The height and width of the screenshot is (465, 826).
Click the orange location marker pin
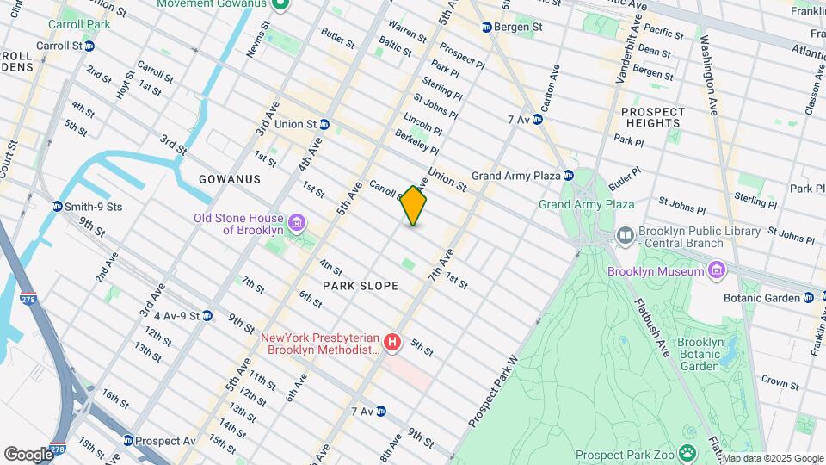tap(413, 206)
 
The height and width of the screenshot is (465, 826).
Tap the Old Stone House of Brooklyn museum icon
tap(296, 224)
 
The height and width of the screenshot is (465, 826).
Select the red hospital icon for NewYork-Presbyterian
tap(392, 344)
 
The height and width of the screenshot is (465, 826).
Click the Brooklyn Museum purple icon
tap(715, 272)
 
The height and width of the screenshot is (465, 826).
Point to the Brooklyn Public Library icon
tap(625, 234)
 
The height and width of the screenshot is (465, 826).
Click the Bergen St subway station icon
tap(486, 28)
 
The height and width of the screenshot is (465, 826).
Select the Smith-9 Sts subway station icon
tap(57, 207)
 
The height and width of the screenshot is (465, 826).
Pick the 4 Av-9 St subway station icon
tap(207, 316)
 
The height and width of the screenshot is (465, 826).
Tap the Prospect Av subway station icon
tap(128, 440)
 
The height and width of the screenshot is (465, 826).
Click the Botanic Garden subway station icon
tap(809, 298)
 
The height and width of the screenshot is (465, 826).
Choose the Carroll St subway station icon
tap(89, 45)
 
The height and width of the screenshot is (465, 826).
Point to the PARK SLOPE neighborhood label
tap(361, 285)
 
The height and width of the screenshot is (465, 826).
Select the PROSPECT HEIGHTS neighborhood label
tap(653, 118)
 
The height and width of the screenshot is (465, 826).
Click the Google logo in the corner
tap(28, 454)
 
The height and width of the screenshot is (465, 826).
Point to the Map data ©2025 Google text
tap(771, 458)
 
